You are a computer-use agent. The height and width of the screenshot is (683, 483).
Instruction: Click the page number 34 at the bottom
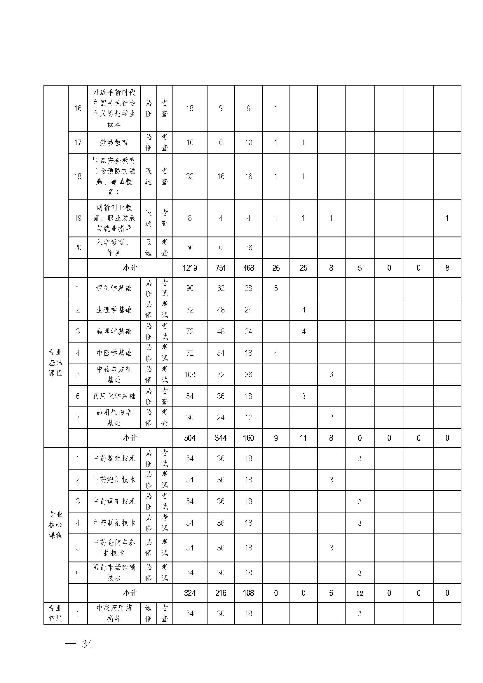coord(87,644)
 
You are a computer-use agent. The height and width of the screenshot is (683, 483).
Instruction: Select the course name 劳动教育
coord(114,142)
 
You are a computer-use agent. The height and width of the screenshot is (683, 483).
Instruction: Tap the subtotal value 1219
coord(190,268)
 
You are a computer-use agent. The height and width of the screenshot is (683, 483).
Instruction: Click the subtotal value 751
coord(221,268)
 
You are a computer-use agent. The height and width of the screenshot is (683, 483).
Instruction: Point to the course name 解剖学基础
coord(114,288)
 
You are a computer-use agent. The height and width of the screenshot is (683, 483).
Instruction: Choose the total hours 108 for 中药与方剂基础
coord(190,375)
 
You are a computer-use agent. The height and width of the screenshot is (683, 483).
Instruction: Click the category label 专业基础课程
coord(56,362)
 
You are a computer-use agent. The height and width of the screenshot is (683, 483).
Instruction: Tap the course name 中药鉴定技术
coord(114,458)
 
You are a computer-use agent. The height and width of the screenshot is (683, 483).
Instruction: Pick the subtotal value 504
coord(190,438)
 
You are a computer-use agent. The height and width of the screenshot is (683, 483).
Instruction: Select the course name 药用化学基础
coord(114,396)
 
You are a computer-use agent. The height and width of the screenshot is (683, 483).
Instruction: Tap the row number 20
coord(78,248)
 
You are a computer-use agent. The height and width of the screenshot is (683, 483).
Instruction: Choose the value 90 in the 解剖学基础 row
coord(190,288)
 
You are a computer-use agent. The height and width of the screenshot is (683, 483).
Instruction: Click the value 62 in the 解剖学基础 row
coord(221,288)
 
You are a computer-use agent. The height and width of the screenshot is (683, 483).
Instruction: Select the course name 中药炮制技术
coord(114,480)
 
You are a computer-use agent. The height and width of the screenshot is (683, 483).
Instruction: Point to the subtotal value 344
coord(221,438)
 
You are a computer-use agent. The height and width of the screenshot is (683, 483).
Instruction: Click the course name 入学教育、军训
coord(114,248)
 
